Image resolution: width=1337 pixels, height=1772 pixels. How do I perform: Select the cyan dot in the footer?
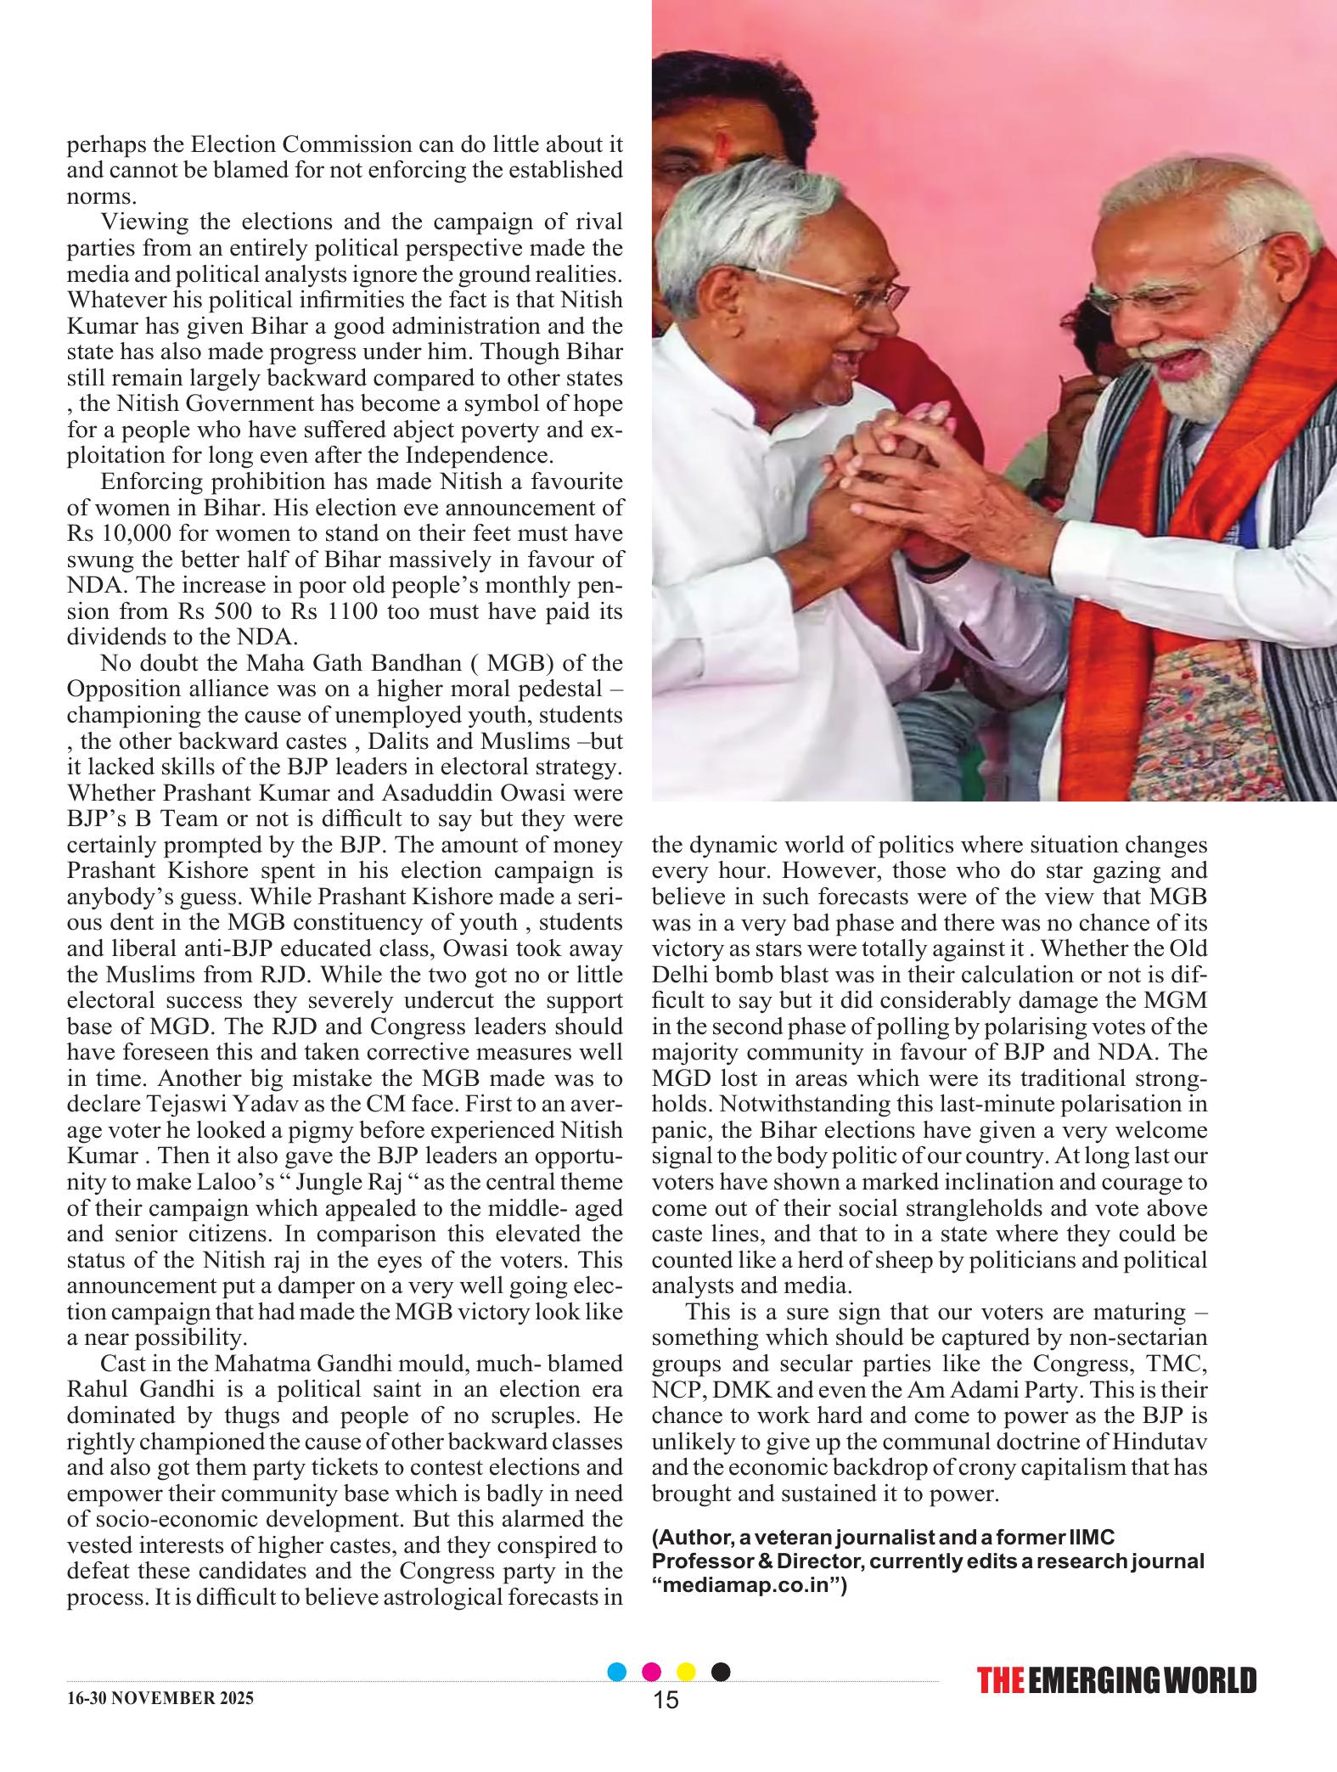(x=618, y=1671)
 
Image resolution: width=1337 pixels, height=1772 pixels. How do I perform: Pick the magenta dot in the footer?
(x=652, y=1671)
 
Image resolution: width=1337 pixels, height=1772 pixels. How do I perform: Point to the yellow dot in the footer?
(x=686, y=1671)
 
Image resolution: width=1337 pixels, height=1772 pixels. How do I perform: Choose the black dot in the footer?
(x=720, y=1671)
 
